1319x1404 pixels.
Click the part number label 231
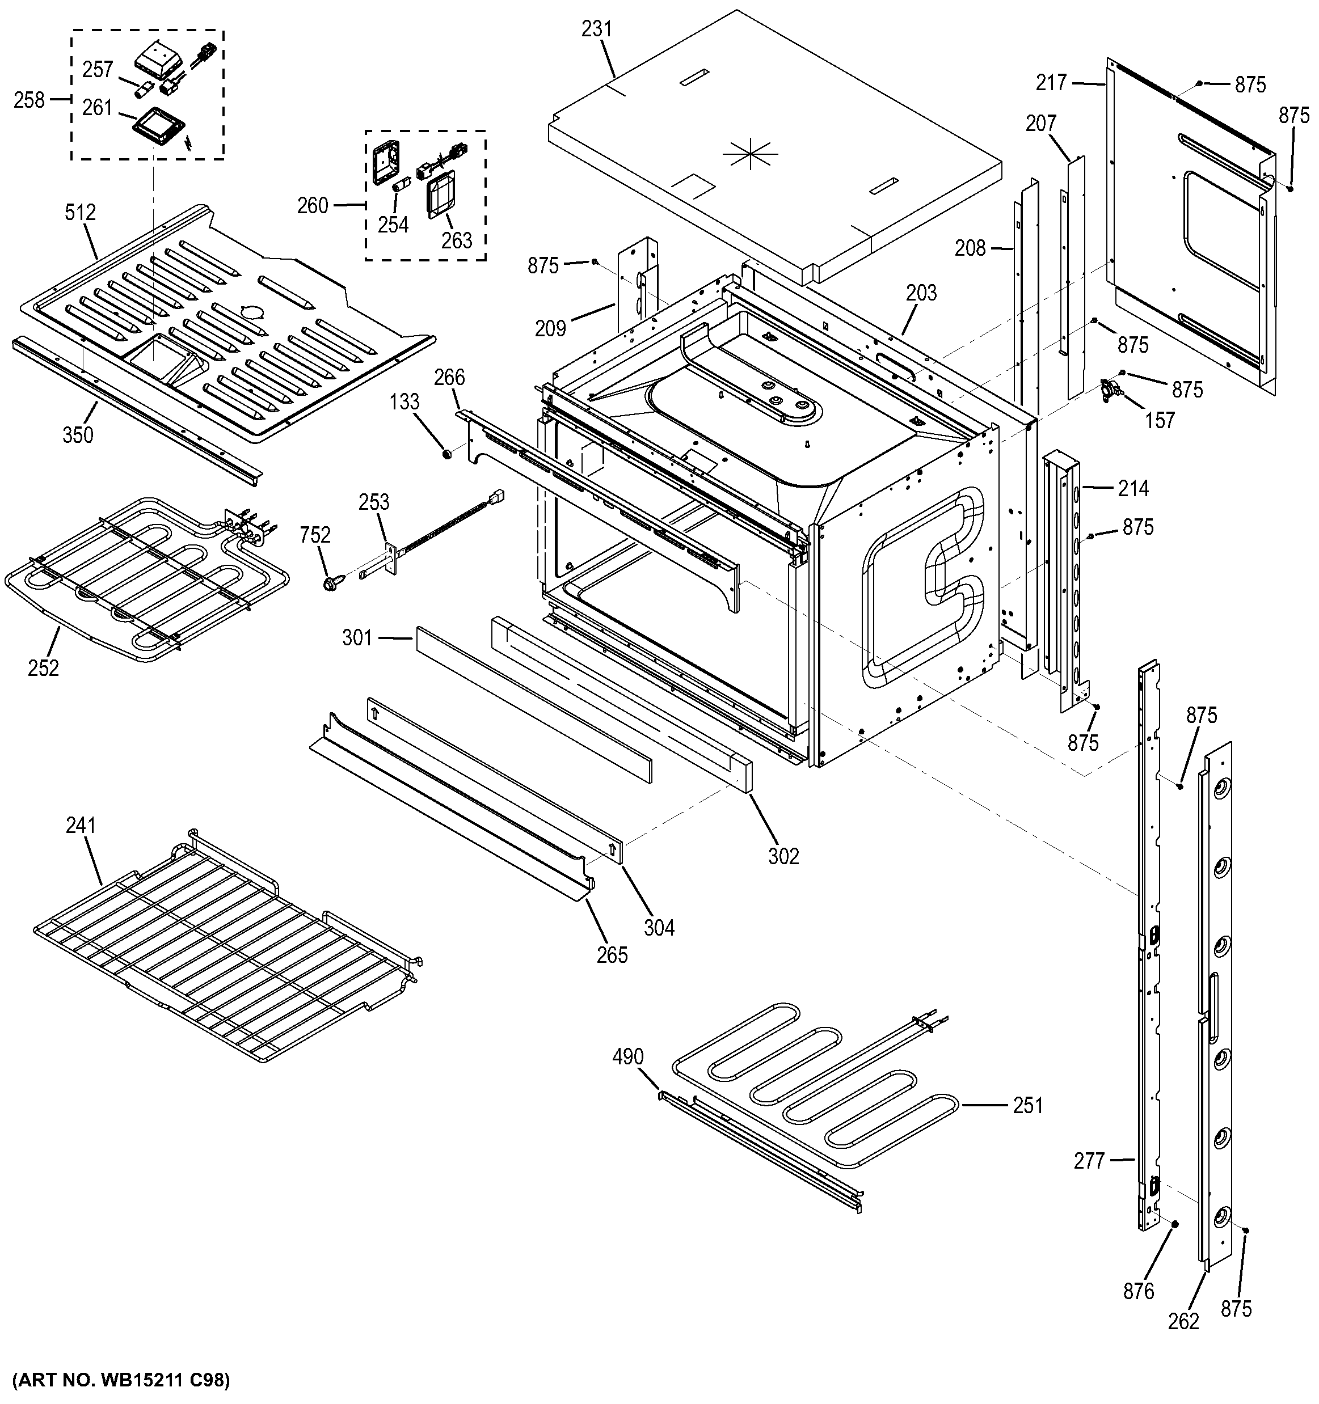coord(597,29)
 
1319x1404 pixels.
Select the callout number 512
coord(80,212)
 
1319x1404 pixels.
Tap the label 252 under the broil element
coord(44,667)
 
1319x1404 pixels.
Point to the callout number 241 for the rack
coord(81,825)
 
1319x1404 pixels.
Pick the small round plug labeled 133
coord(446,452)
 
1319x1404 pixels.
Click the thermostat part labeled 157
coord(1112,391)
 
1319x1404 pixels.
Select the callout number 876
coord(1138,1291)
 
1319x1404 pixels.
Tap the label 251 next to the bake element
coord(1027,1105)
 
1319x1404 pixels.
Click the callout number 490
coord(627,1056)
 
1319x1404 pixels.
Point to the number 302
coord(783,856)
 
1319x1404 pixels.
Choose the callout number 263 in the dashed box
coord(456,241)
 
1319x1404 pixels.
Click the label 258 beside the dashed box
coord(29,100)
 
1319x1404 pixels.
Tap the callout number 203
coord(921,293)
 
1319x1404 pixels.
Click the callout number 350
coord(78,434)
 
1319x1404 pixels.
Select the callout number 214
coord(1133,488)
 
